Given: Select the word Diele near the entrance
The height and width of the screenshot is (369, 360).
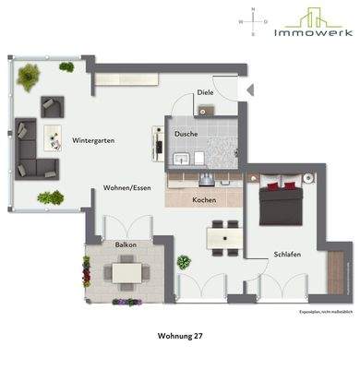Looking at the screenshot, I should pos(205,93).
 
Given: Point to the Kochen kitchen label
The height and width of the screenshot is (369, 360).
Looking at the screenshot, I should pos(204,199).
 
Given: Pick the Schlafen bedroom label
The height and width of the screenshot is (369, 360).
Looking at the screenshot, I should pos(287,254).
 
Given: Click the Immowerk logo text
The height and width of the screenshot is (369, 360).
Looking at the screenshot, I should pos(313,31).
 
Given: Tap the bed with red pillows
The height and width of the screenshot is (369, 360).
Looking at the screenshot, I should pos(280,202).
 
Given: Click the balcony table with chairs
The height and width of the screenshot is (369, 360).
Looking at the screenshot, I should pos(126,272).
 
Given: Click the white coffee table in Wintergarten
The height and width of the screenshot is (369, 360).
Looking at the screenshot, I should pos(52,135).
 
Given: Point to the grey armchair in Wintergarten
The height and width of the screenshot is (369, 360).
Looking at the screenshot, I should pos(52,105).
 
